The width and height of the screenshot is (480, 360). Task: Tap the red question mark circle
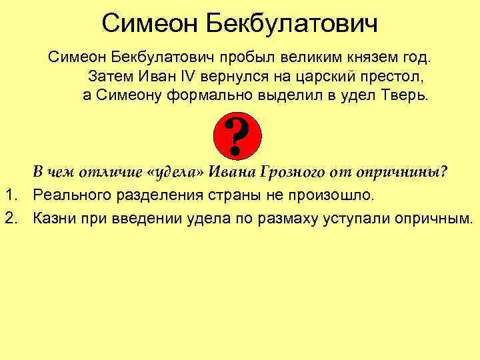[x=239, y=135]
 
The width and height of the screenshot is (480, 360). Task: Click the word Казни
[x=55, y=218]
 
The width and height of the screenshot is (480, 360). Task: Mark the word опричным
[x=434, y=218]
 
